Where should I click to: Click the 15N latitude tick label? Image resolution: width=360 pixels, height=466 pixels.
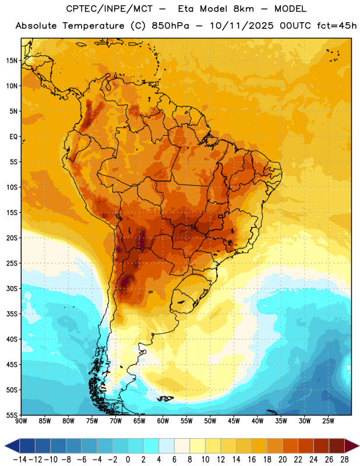(12, 61)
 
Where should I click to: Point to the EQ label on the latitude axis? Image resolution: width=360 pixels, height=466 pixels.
(13, 137)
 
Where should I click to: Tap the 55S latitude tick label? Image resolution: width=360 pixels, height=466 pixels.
(12, 415)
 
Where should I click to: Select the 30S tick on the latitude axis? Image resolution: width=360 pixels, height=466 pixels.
(12, 288)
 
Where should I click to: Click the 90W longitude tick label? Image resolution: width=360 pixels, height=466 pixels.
(21, 421)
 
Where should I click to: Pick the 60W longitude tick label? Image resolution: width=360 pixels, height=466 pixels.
(163, 421)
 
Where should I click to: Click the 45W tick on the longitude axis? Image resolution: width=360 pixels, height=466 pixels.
(234, 421)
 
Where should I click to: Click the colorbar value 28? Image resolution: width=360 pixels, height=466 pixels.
(344, 460)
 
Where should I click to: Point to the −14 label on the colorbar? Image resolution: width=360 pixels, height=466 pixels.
(20, 460)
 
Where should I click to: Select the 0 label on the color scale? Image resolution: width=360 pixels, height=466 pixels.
(128, 460)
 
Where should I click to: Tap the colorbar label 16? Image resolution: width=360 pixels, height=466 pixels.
(252, 460)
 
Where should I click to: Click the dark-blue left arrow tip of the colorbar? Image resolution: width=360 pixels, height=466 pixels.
(5, 446)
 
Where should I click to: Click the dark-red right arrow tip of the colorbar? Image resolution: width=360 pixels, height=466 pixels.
(359, 446)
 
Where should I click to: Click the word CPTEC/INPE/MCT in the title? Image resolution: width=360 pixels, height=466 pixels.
(109, 9)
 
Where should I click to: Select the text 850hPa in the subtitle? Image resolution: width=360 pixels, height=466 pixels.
(170, 26)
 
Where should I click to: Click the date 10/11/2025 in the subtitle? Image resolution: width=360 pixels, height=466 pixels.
(242, 26)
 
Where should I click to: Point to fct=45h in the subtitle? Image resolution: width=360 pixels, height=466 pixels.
(337, 26)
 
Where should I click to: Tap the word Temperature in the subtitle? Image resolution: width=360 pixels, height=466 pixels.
(93, 26)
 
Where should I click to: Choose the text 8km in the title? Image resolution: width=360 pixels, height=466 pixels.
(243, 9)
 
